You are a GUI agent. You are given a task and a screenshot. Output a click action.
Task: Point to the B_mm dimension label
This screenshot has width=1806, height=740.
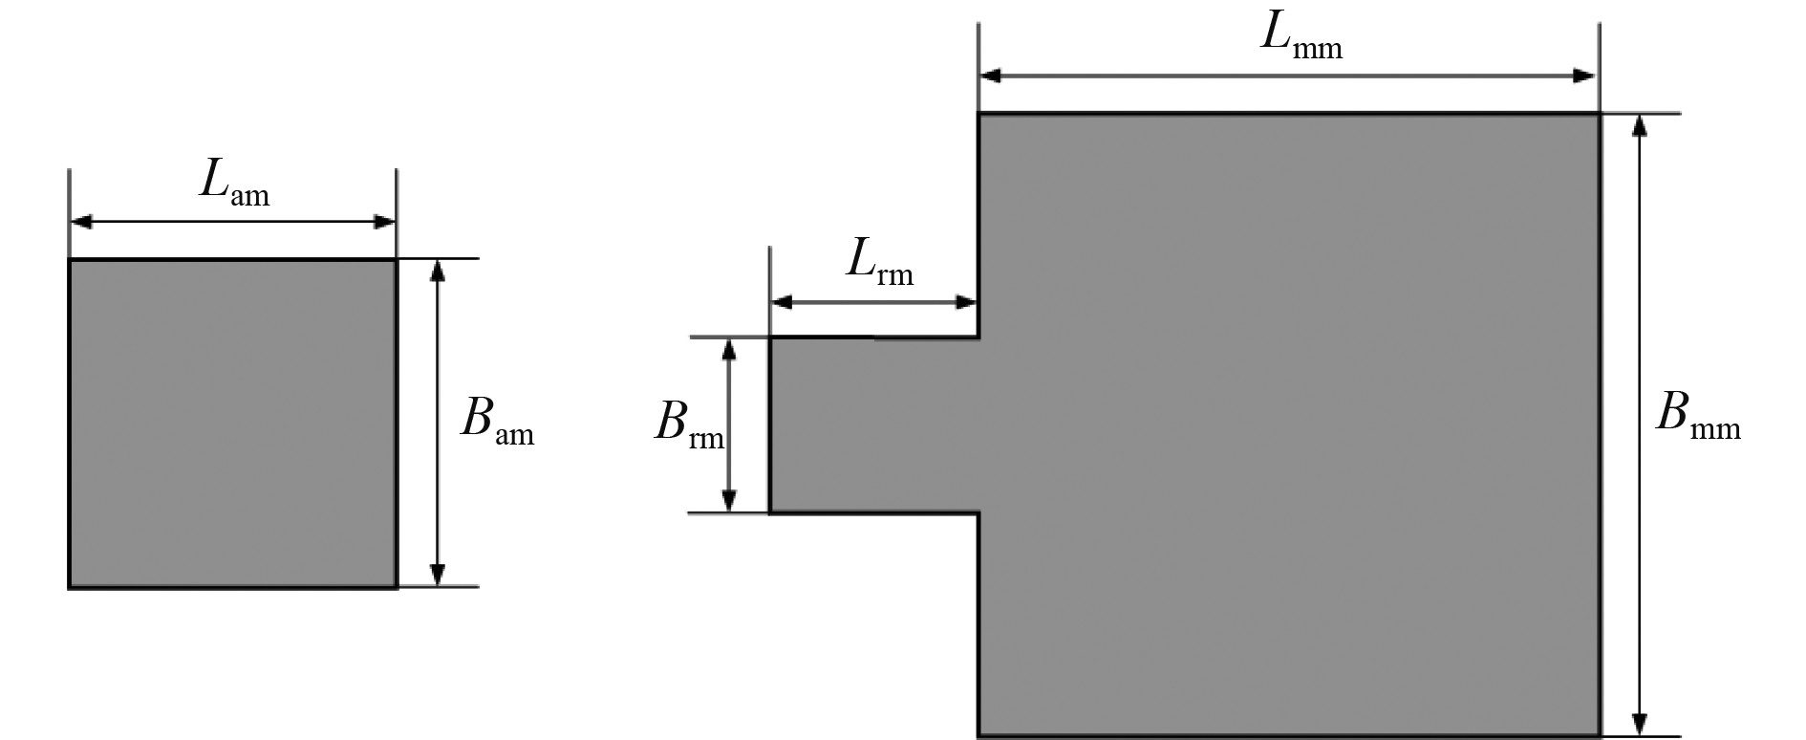[1697, 417]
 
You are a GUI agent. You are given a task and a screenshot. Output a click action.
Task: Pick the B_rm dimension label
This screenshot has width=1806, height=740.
[689, 424]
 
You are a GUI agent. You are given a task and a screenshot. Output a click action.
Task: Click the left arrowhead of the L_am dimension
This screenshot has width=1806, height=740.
[81, 223]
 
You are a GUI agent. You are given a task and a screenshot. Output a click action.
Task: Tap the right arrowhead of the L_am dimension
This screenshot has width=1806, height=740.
[384, 223]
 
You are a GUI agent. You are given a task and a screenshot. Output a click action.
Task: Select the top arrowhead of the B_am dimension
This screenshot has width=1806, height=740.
[438, 271]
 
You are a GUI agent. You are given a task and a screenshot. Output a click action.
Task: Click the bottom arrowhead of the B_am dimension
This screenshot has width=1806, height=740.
[438, 574]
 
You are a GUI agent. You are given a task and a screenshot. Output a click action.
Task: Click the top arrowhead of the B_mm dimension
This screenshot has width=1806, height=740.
[1640, 126]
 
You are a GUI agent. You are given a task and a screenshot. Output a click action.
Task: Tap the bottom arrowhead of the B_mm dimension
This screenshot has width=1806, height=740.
[1640, 723]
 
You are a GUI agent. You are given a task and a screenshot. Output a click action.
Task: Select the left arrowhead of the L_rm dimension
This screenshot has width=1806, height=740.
[783, 303]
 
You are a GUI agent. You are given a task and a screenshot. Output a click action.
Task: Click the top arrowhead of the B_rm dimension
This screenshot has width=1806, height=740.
[729, 349]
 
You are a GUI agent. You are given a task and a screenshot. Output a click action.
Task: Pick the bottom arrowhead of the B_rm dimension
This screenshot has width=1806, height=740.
[729, 501]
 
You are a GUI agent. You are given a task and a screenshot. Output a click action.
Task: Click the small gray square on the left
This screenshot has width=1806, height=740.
[232, 423]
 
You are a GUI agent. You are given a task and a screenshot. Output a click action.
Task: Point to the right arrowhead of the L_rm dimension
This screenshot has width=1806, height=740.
[966, 303]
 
